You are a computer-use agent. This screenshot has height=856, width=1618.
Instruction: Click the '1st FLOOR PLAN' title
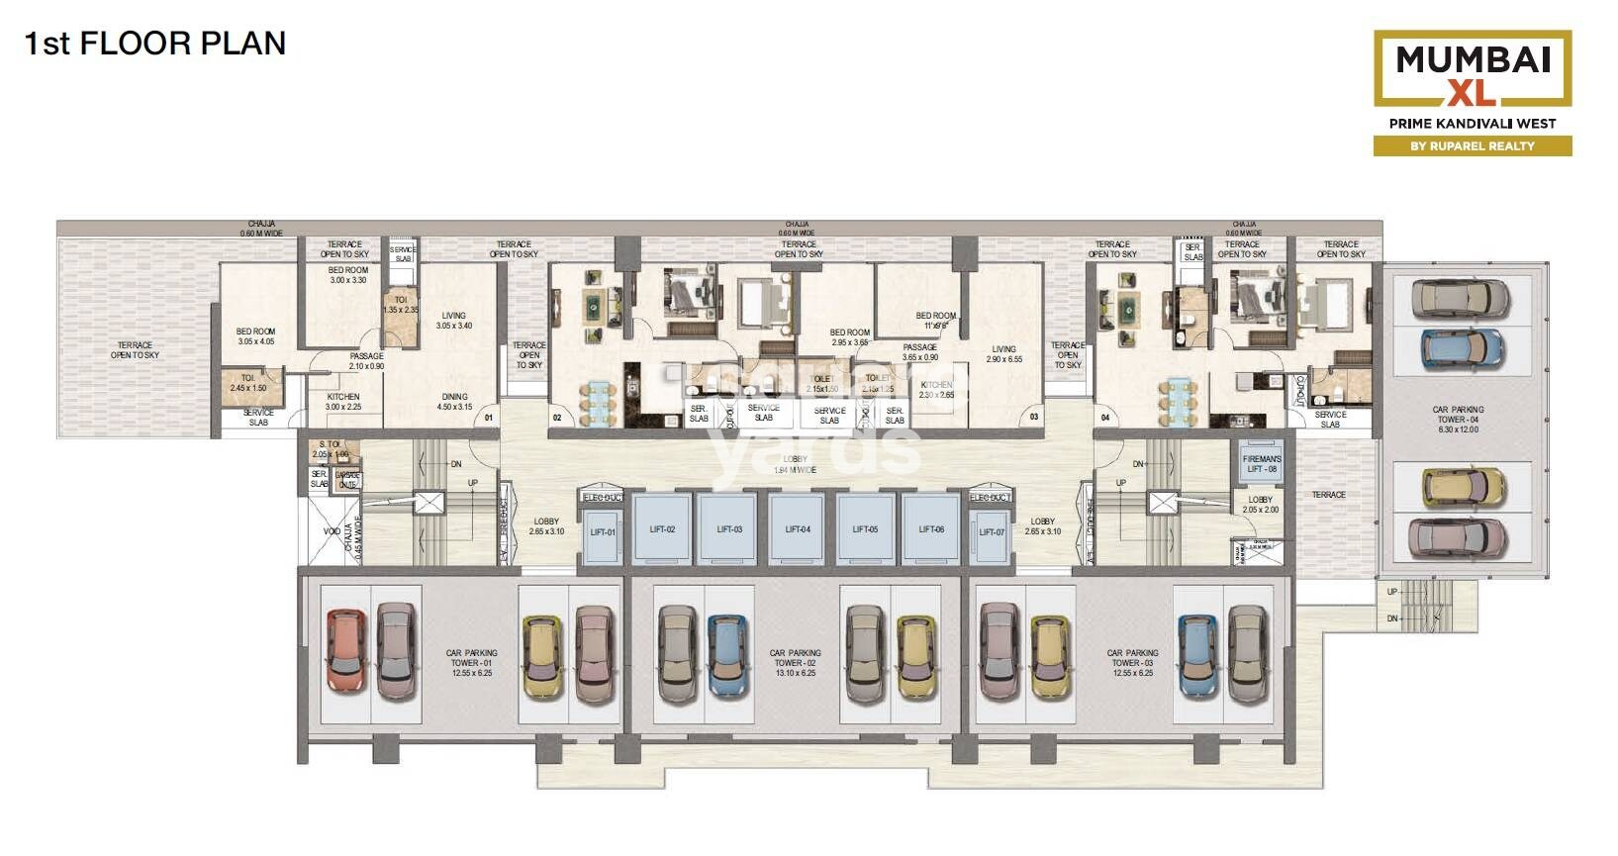pos(154,44)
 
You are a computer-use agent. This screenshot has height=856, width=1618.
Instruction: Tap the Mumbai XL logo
pos(1472,69)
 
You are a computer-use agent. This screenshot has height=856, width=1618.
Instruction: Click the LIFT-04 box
pos(798,529)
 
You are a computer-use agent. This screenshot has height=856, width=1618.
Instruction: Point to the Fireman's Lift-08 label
pos(1261,464)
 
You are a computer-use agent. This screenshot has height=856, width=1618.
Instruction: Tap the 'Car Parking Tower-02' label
pos(795,663)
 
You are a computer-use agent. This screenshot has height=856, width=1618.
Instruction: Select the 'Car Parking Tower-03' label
pos(1133,663)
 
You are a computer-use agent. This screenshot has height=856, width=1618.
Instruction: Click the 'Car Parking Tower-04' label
pos(1458,419)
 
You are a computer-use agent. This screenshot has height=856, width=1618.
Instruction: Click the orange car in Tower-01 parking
pos(346,651)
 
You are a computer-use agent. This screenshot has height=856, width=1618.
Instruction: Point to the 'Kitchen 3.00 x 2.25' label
pos(343,402)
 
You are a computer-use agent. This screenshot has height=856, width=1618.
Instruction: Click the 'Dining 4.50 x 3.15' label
pos(455,402)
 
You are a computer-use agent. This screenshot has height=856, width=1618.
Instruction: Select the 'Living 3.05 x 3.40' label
pos(454,321)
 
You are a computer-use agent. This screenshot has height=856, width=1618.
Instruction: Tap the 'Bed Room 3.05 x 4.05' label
pos(255,336)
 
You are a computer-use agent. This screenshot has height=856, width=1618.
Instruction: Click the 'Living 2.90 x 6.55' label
pos(1003,354)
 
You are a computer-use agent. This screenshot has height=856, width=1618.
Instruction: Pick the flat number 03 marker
pos(1034,418)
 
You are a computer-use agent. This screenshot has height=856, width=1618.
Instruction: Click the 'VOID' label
pos(332,531)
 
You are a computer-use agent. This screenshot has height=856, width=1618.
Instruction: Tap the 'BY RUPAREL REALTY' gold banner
pos(1472,145)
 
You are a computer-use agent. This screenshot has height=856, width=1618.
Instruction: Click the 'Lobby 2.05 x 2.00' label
pos(1260,505)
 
